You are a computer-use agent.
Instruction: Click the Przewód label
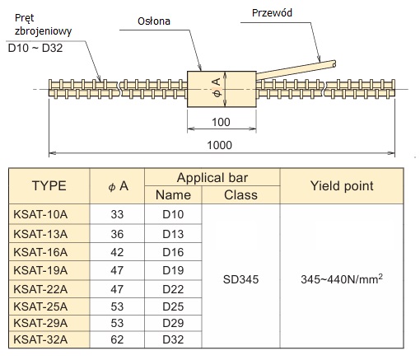click(x=272, y=13)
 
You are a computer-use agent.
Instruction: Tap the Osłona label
click(x=154, y=21)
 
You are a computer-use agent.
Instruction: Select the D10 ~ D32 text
click(x=35, y=48)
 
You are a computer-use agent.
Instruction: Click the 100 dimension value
click(x=221, y=122)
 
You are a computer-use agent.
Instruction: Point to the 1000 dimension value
click(x=219, y=145)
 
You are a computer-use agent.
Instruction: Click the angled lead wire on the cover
click(x=296, y=70)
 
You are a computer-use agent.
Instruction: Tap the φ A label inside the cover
click(x=217, y=87)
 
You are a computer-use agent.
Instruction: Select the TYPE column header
click(x=49, y=186)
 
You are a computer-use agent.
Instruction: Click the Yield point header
click(x=342, y=186)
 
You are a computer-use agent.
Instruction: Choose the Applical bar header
click(x=212, y=178)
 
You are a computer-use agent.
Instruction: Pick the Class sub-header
click(x=240, y=195)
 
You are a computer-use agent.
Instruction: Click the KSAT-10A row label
click(x=40, y=214)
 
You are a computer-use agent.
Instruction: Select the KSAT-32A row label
click(x=40, y=339)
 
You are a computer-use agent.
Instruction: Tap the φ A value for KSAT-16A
click(x=117, y=252)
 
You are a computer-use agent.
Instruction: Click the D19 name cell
click(x=173, y=270)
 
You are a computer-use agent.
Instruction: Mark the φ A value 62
click(x=117, y=339)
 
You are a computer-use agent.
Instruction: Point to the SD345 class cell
click(x=240, y=279)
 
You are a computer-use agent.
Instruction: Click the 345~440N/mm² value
click(x=342, y=279)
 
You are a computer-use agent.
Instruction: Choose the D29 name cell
click(x=173, y=323)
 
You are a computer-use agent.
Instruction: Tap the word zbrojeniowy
click(x=43, y=31)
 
